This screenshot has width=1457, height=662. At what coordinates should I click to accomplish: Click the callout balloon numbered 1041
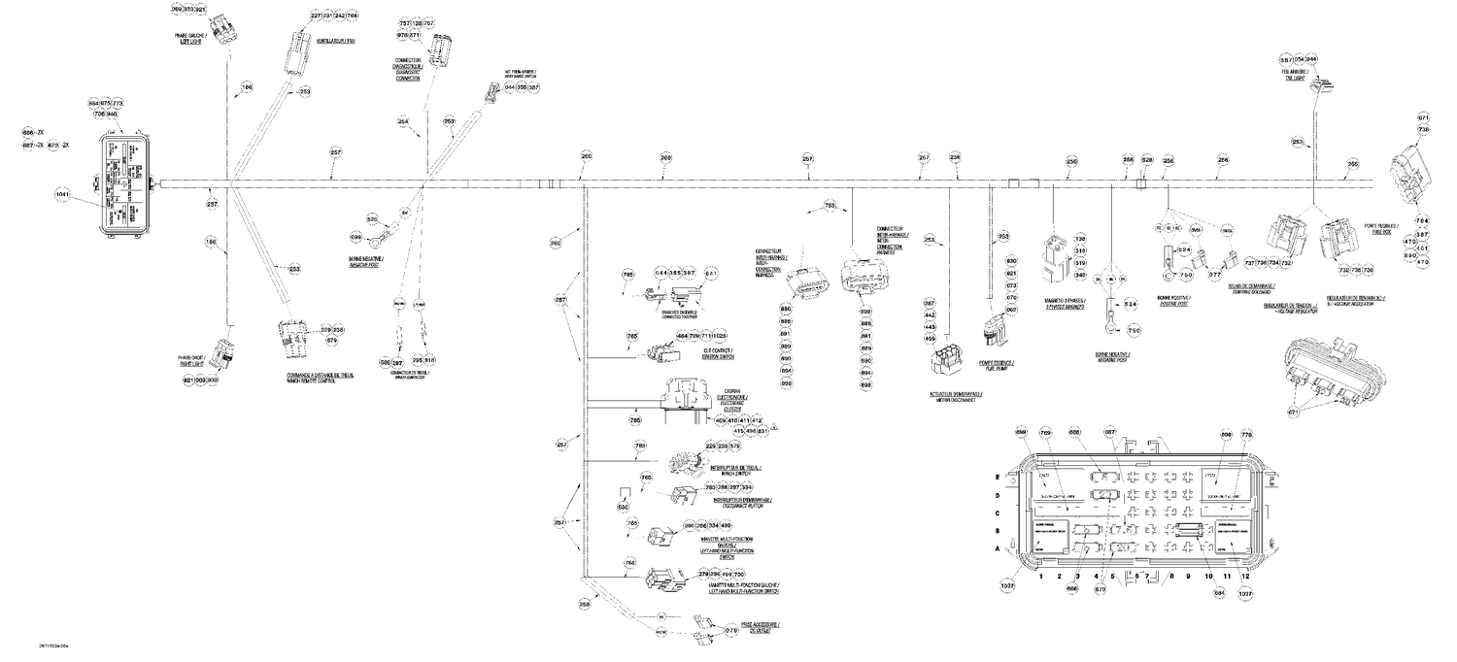63,194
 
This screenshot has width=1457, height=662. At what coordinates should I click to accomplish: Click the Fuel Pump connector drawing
992,332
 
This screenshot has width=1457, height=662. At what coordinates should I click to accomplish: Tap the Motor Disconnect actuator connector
945,362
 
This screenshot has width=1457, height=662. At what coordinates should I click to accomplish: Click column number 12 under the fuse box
1245,576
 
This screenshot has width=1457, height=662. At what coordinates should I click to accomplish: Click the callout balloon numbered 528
1146,160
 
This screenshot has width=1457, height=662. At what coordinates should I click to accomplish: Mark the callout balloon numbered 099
356,238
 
